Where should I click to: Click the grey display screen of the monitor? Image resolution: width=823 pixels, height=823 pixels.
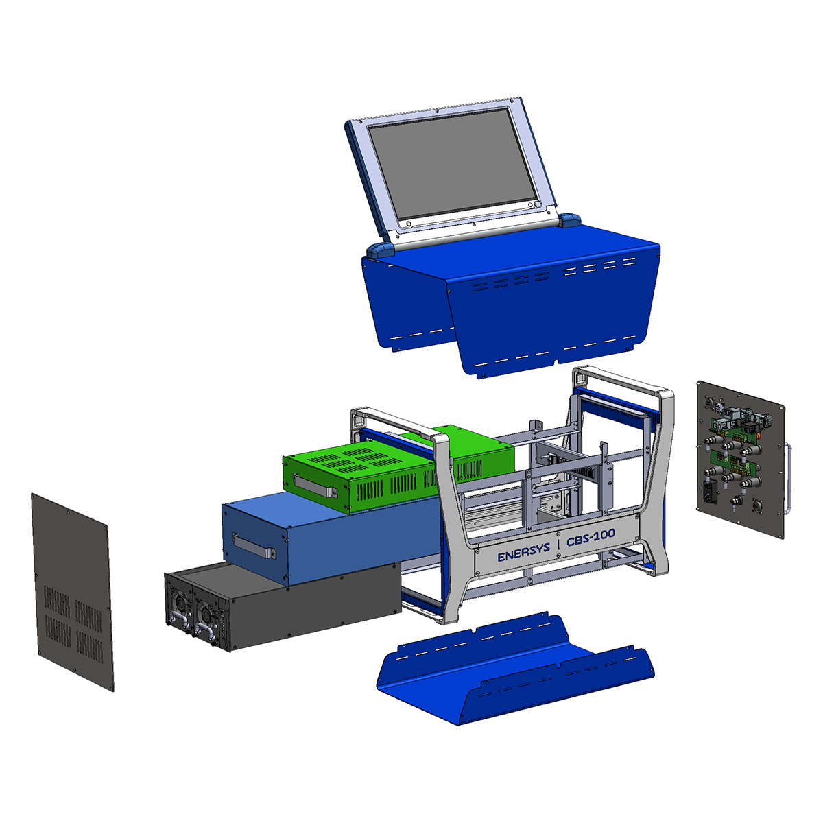pyautogui.click(x=451, y=165)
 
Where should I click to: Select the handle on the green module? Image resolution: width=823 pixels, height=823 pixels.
pyautogui.click(x=315, y=485)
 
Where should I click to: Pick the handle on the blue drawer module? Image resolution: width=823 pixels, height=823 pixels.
pyautogui.click(x=254, y=546)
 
